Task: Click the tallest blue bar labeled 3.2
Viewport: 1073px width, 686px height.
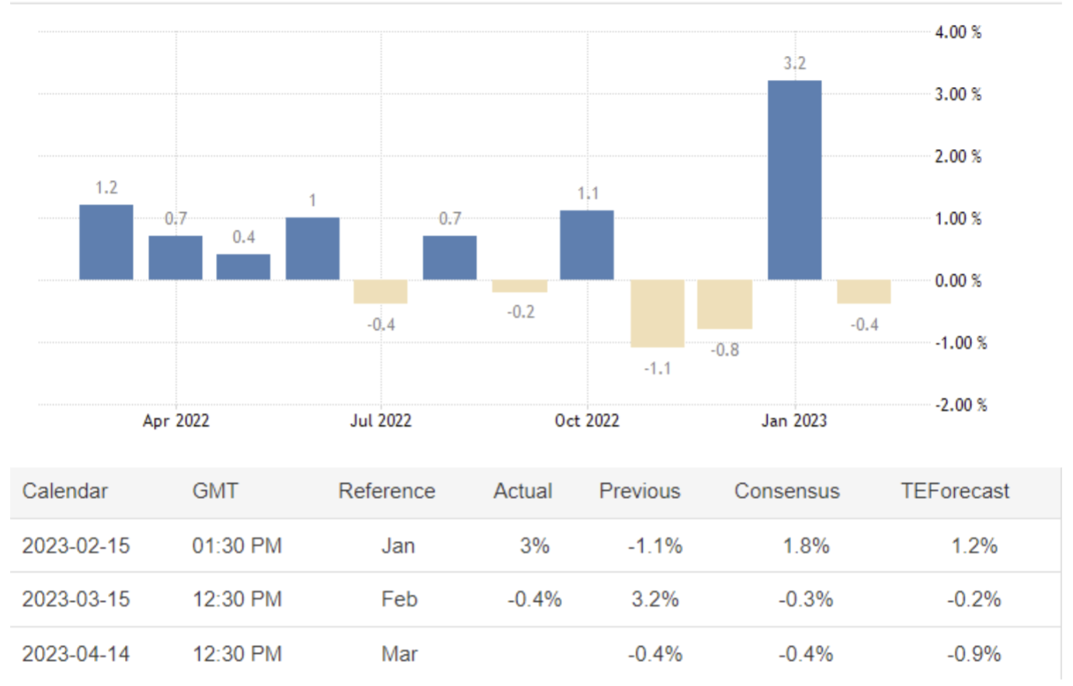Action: pyautogui.click(x=794, y=180)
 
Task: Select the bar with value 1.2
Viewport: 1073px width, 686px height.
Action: pyautogui.click(x=106, y=242)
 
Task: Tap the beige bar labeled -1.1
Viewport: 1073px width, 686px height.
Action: pyautogui.click(x=657, y=313)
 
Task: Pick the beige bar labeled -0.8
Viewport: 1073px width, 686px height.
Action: pyautogui.click(x=724, y=304)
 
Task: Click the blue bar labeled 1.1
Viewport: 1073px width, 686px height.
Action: pyautogui.click(x=587, y=245)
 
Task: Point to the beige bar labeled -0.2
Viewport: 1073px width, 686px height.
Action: pyautogui.click(x=519, y=286)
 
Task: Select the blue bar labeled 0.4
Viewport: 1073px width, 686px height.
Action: pyautogui.click(x=243, y=267)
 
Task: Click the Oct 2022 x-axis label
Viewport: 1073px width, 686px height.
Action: pyautogui.click(x=587, y=421)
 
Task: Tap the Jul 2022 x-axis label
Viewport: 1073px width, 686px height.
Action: pyautogui.click(x=380, y=421)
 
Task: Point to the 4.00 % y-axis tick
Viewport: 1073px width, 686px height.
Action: pyautogui.click(x=958, y=33)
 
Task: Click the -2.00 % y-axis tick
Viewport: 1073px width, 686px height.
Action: pyautogui.click(x=960, y=405)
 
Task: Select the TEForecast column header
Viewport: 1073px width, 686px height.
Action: pyautogui.click(x=954, y=491)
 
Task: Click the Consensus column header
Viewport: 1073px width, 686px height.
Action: pyautogui.click(x=787, y=491)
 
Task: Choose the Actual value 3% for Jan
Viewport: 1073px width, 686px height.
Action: pyautogui.click(x=534, y=546)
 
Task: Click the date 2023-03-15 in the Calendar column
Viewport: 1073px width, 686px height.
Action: pyautogui.click(x=76, y=600)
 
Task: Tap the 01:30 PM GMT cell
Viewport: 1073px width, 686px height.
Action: pyautogui.click(x=237, y=546)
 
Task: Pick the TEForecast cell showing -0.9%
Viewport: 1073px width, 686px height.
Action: pyautogui.click(x=974, y=654)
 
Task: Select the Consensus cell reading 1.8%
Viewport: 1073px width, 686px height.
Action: pyautogui.click(x=806, y=546)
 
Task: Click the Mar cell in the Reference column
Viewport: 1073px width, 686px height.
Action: pyautogui.click(x=399, y=654)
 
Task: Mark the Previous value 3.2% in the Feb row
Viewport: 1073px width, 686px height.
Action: pyautogui.click(x=655, y=600)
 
